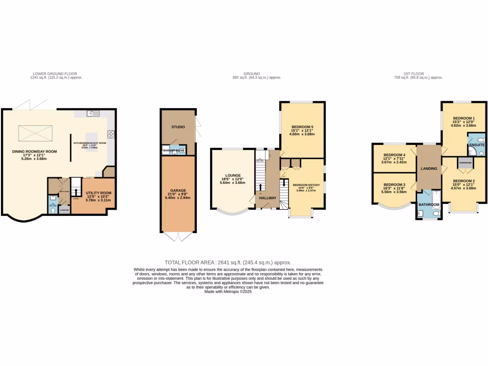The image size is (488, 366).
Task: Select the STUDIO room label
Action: [178, 127]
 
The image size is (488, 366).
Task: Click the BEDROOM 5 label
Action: [302, 127]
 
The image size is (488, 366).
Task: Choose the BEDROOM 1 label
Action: [464, 118]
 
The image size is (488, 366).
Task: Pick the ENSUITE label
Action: [477, 144]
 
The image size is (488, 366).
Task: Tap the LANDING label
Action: [429, 168]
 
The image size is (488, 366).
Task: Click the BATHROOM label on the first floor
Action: [429, 205]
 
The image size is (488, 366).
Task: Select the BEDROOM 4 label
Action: [394, 155]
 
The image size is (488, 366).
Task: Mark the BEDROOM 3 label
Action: [394, 184]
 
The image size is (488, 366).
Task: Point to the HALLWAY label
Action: [267, 198]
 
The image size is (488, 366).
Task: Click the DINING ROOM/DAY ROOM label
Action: [34, 152]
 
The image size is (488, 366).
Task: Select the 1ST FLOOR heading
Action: [413, 74]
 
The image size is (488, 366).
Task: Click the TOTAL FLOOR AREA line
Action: [228, 263]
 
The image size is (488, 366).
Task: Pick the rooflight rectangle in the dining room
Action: [35, 133]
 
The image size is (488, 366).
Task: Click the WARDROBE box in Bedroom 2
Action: [465, 163]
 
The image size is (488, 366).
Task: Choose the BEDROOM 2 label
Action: [464, 181]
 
